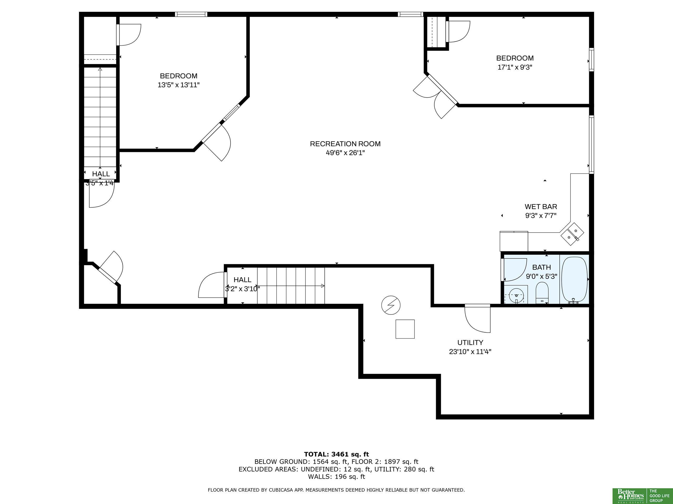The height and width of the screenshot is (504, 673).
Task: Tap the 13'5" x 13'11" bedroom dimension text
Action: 178,85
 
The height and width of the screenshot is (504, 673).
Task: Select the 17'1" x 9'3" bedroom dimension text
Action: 515,67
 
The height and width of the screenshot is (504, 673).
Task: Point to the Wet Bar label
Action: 541,207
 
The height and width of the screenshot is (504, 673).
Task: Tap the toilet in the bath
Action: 542,293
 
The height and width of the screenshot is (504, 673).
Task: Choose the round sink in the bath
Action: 516,295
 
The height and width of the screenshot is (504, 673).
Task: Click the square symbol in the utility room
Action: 405,329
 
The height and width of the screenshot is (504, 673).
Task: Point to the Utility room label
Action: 470,342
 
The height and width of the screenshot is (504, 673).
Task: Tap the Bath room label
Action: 542,267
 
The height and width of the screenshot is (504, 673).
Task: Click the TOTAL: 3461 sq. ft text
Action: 336,454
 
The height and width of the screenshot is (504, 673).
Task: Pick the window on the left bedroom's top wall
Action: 191,14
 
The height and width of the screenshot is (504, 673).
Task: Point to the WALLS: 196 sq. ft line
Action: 336,477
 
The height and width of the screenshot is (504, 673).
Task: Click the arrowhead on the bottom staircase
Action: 323,286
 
